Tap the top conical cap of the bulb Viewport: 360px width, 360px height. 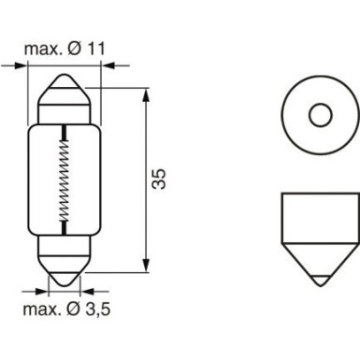click(64, 94)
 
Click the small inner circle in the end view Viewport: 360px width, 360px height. click(321, 116)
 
